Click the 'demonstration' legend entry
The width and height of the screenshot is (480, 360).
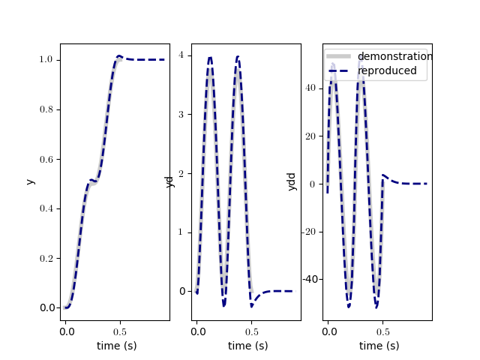pyautogui.click(x=394, y=56)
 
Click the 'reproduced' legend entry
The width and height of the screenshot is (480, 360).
pyautogui.click(x=386, y=70)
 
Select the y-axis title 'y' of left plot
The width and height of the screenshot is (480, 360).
pyautogui.click(x=30, y=181)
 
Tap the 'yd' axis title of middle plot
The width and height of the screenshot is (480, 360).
pyautogui.click(x=169, y=181)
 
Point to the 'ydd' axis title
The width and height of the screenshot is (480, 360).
pyautogui.click(x=292, y=181)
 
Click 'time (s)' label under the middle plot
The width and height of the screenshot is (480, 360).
pyautogui.click(x=247, y=346)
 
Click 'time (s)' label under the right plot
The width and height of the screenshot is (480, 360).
pyautogui.click(x=379, y=346)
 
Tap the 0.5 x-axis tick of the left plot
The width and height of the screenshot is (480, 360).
pyautogui.click(x=118, y=330)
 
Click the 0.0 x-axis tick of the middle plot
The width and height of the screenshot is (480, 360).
pyautogui.click(x=196, y=330)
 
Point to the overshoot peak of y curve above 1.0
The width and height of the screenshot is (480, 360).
pyautogui.click(x=119, y=56)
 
